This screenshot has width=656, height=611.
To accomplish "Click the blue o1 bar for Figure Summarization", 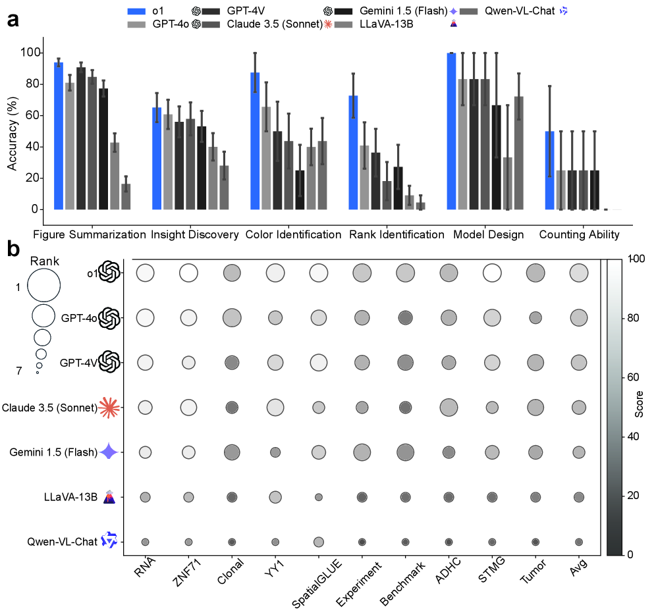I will (58, 136).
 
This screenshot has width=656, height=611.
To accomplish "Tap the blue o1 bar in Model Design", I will (451, 131).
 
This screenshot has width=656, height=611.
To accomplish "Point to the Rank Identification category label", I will (396, 234).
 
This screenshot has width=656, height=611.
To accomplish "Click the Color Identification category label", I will (293, 234).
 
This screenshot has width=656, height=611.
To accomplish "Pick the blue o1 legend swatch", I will (137, 11).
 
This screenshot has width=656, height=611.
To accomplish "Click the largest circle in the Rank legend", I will (44, 286).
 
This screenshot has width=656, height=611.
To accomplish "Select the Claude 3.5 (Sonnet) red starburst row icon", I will (108, 408).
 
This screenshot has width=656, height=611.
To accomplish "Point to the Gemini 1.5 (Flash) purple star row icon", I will (108, 452).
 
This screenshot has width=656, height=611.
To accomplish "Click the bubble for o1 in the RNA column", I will (145, 273).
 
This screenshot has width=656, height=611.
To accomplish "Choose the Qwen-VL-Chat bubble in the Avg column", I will (579, 542).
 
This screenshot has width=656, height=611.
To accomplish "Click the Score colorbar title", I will (648, 407).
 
